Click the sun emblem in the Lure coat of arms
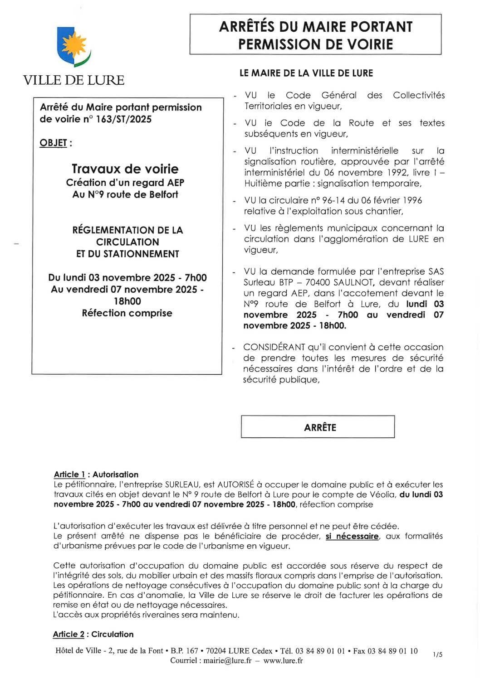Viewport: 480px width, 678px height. tap(73, 45)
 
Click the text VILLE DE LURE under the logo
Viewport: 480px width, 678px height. tap(73, 80)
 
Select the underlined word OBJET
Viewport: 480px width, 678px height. tap(53, 143)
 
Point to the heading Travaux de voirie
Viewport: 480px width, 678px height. tap(125, 169)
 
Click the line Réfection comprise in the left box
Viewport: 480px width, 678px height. tap(127, 313)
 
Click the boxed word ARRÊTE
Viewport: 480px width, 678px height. tap(320, 427)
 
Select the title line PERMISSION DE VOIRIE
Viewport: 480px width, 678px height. tap(315, 44)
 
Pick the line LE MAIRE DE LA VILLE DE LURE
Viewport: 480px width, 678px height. tap(306, 73)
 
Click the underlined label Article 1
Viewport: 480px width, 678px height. tap(69, 475)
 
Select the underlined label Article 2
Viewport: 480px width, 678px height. tap(69, 634)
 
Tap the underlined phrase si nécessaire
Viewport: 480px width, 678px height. tap(352, 537)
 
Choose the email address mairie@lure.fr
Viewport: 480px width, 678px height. tap(227, 661)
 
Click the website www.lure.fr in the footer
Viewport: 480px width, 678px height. tap(283, 661)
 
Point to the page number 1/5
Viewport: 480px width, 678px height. tap(437, 654)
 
